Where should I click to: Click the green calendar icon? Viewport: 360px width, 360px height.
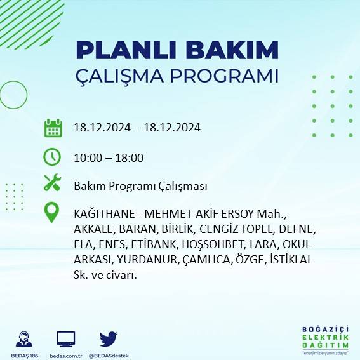tap(53, 128)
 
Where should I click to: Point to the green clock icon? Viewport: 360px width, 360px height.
tap(52, 156)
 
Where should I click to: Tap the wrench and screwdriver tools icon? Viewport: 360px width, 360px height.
tap(52, 183)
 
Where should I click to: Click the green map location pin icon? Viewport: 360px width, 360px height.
tap(52, 213)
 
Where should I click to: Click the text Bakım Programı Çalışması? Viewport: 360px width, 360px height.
tap(140, 186)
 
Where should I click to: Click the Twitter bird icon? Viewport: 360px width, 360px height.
tap(109, 338)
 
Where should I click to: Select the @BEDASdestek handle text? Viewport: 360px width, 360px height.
tap(108, 356)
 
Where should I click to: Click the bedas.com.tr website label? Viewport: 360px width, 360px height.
tap(66, 356)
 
